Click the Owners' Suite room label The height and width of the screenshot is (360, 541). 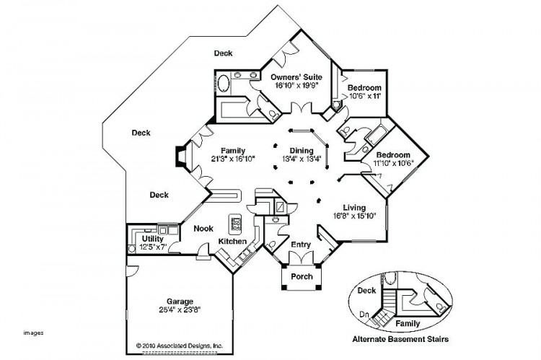coord(296,77)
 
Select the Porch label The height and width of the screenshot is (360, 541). coord(301,276)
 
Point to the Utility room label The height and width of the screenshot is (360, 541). coord(153,238)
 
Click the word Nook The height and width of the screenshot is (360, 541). coord(203,229)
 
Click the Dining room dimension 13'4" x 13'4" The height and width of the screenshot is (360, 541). coord(302,159)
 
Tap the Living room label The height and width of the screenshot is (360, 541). coord(355,206)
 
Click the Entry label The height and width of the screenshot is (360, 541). coord(300,245)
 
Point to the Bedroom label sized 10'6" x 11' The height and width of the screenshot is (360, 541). coord(365,88)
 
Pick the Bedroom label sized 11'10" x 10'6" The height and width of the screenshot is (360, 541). coord(392,155)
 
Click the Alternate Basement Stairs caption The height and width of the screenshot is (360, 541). coord(412,339)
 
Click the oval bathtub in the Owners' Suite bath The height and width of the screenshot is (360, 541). coord(224,82)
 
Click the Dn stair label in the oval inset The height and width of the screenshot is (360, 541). coord(365,315)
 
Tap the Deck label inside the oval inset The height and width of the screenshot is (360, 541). coord(366,291)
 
